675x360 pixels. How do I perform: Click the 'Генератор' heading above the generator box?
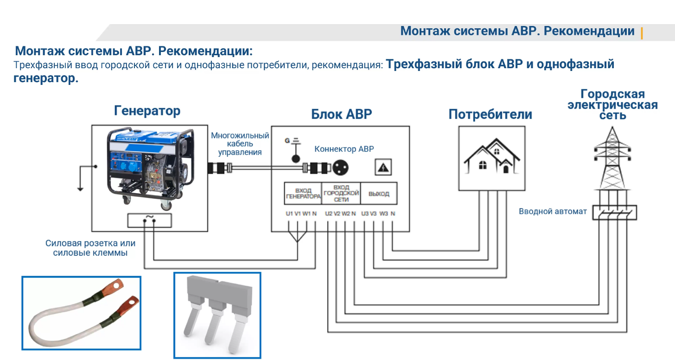[x=147, y=111]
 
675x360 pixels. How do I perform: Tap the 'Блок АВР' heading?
[x=341, y=114]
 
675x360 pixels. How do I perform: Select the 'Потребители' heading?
[x=490, y=115]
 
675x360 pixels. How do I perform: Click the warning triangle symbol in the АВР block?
[x=384, y=167]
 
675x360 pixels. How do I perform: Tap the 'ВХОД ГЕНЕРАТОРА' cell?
[x=303, y=193]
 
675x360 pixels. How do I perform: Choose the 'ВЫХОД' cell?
[x=379, y=194]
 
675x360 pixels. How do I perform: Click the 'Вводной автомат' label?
[x=553, y=212]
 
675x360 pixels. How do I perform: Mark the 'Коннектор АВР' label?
[x=344, y=149]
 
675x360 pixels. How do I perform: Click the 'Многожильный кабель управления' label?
[x=240, y=144]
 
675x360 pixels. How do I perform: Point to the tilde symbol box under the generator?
[x=149, y=220]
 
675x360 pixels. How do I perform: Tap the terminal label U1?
[x=289, y=214]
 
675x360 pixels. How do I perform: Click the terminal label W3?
[x=383, y=214]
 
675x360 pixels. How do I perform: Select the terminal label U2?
[x=328, y=214]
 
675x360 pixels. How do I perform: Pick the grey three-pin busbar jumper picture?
[x=217, y=315]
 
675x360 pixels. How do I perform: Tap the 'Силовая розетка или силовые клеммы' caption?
[x=90, y=248]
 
